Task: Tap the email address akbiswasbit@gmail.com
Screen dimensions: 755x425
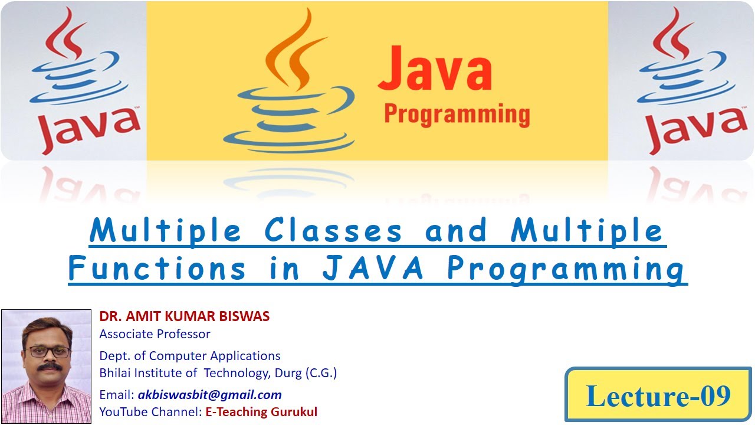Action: coord(209,395)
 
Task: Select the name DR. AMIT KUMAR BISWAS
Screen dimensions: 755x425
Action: coord(185,316)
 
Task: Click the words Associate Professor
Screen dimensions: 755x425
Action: coord(155,334)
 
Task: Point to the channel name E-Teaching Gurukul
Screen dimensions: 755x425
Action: coord(261,412)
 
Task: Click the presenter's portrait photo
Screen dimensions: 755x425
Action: coord(47,367)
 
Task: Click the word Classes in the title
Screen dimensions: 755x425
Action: coord(333,230)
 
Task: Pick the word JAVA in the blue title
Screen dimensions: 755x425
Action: coord(372,268)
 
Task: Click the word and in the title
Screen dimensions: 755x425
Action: coord(456,230)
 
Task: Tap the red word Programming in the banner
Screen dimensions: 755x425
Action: coord(457,115)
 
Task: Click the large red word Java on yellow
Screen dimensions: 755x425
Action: coord(435,68)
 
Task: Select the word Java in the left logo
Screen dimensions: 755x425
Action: coord(89,130)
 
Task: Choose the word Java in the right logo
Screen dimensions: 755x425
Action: coord(697,130)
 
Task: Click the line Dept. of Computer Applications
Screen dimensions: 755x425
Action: coord(190,355)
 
